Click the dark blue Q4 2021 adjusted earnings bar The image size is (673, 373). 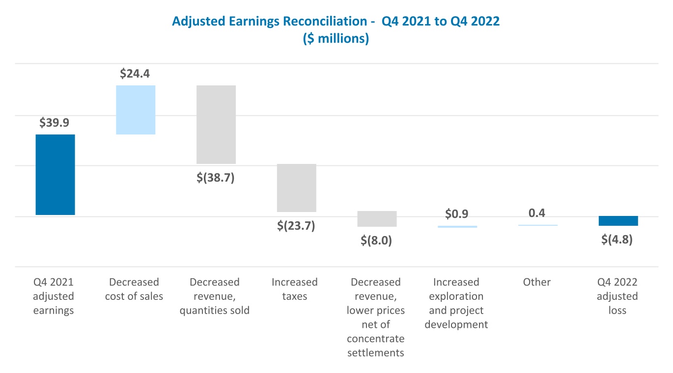(55, 174)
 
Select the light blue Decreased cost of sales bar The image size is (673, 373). (136, 109)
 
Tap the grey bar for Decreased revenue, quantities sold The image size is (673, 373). (216, 124)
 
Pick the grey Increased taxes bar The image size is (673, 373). (296, 187)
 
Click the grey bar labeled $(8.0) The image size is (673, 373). (377, 218)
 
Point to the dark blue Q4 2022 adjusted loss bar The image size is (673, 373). (618, 220)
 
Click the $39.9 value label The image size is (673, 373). (55, 123)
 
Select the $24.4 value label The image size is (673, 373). (135, 74)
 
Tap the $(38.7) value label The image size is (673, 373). (216, 177)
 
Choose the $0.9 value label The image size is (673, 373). (457, 214)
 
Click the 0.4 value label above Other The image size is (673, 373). (537, 213)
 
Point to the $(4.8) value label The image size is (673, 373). (617, 240)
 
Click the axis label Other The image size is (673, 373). (537, 282)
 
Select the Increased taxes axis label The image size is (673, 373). (295, 289)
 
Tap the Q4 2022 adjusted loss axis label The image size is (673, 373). (617, 296)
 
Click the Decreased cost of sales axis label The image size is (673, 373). (134, 289)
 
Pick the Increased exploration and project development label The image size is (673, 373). (456, 303)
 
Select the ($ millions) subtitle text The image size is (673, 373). (336, 38)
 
